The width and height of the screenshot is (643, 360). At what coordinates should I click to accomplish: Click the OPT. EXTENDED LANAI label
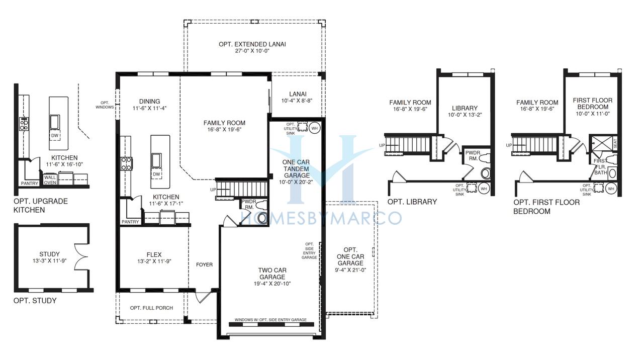(x=252, y=44)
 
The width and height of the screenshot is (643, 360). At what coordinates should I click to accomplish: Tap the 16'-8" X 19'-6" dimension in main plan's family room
(x=225, y=130)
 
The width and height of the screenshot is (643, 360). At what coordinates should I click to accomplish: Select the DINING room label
(x=149, y=102)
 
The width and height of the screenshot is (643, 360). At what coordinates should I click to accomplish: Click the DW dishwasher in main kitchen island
(x=156, y=174)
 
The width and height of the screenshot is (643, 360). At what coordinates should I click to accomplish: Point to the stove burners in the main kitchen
(x=126, y=163)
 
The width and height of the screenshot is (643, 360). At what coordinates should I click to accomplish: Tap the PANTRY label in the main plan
(x=130, y=222)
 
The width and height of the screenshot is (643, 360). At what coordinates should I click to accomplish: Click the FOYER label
(x=205, y=264)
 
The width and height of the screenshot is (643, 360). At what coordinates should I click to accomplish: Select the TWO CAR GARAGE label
(x=272, y=274)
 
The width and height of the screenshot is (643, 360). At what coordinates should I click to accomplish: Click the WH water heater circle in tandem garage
(x=315, y=128)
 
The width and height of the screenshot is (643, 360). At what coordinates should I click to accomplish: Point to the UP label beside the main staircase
(x=213, y=190)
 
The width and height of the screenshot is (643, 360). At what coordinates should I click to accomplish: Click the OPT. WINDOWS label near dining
(x=105, y=105)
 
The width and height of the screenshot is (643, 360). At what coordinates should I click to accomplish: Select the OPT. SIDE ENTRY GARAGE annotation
(x=309, y=250)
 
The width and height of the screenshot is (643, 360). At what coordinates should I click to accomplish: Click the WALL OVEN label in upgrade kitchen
(x=50, y=179)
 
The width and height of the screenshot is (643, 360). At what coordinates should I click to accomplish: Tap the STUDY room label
(x=50, y=254)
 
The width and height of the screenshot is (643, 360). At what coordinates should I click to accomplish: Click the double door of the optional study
(x=81, y=256)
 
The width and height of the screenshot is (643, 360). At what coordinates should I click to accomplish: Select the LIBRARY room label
(x=465, y=108)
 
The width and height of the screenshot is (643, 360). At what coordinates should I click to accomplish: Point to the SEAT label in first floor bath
(x=615, y=143)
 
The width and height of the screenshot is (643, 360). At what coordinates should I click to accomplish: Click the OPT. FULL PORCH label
(x=151, y=308)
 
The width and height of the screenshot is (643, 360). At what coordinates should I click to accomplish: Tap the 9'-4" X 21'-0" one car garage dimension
(x=350, y=270)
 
